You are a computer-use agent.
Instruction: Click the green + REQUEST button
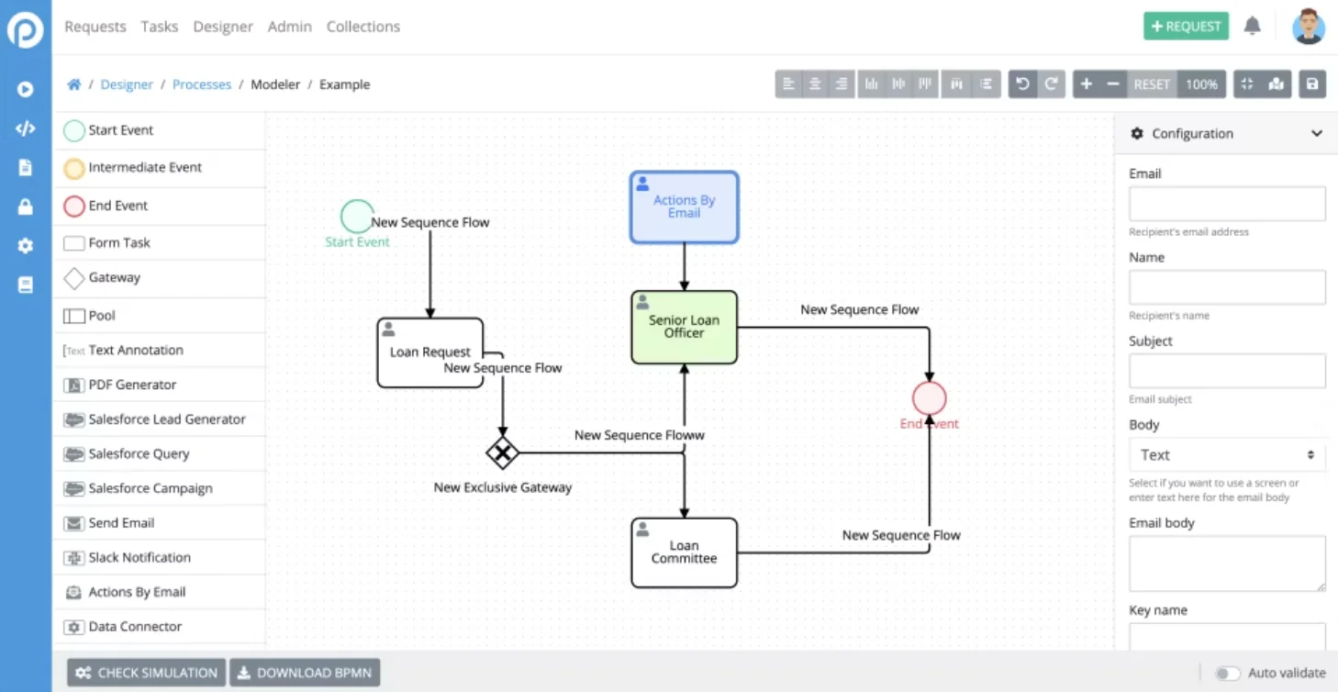(x=1186, y=27)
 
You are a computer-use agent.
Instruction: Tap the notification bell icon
(x=1252, y=27)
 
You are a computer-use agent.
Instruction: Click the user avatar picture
(x=1308, y=27)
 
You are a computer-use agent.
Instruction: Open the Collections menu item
(x=362, y=27)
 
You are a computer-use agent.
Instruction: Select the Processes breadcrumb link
(x=202, y=84)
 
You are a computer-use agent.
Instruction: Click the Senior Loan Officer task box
(x=684, y=328)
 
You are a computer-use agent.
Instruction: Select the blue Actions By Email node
(x=684, y=207)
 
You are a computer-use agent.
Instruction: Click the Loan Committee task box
(x=684, y=552)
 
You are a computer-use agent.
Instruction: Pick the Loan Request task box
(x=429, y=352)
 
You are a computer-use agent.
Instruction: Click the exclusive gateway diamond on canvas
(x=502, y=452)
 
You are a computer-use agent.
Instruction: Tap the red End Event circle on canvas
(x=929, y=398)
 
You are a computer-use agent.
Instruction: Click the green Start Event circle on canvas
(x=356, y=217)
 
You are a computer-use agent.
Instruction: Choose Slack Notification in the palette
(x=139, y=557)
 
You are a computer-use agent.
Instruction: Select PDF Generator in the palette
(x=131, y=385)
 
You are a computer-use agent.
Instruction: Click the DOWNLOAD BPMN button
(x=304, y=673)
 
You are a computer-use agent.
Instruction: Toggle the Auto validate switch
(x=1227, y=674)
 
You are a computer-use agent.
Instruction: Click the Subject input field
(x=1226, y=371)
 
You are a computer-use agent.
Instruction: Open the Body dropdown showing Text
(x=1226, y=455)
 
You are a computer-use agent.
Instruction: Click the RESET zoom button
(x=1151, y=84)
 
